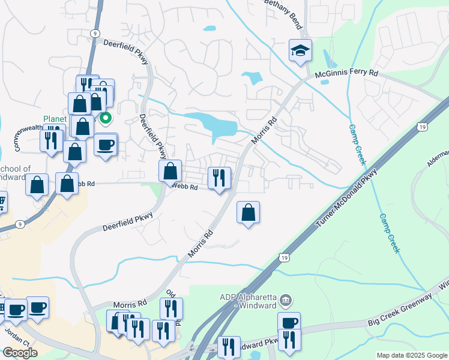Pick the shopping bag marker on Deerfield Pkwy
[x=170, y=171]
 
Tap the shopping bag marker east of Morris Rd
[x=248, y=212]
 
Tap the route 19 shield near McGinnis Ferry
[x=423, y=127]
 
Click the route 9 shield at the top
[x=95, y=35]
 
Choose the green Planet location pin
[x=106, y=118]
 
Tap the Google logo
[x=20, y=353]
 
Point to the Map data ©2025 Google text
[x=411, y=355]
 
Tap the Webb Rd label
[x=185, y=187]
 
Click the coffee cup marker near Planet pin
[x=106, y=145]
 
